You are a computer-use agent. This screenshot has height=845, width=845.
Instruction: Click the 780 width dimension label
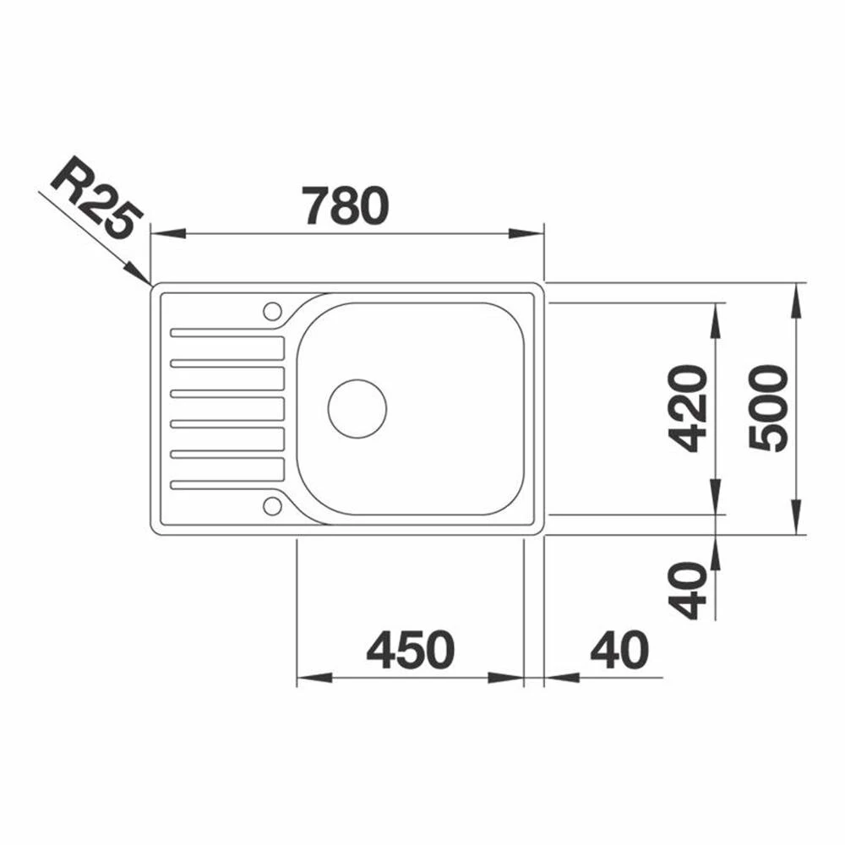click(345, 205)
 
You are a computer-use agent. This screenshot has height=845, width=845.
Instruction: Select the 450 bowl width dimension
click(411, 649)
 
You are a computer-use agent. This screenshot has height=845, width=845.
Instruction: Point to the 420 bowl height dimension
click(687, 408)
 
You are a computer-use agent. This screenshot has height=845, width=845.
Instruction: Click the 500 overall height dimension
click(768, 407)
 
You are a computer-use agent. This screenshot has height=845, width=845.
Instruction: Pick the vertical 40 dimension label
click(687, 590)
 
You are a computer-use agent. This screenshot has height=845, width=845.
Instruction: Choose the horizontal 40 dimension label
click(619, 649)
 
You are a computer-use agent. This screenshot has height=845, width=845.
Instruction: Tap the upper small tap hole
click(272, 311)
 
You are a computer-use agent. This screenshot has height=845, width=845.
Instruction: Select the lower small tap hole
click(272, 505)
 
